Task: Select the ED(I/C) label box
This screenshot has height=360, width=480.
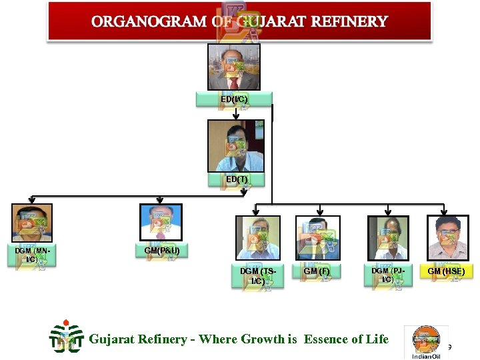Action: click(234, 99)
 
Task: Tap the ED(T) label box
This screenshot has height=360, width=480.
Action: click(236, 179)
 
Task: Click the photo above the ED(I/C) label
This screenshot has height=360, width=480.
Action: click(233, 67)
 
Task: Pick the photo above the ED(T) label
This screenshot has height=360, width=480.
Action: click(235, 146)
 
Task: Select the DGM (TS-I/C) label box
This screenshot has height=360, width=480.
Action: click(257, 276)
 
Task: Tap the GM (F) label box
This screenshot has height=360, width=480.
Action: click(317, 271)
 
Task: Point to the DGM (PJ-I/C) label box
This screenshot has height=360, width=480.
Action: click(387, 275)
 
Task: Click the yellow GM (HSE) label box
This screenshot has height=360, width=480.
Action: click(446, 271)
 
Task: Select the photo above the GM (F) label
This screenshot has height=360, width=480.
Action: click(318, 238)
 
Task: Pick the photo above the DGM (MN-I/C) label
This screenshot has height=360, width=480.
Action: click(32, 223)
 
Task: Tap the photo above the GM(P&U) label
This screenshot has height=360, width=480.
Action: click(160, 222)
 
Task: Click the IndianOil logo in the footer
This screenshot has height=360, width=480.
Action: click(426, 342)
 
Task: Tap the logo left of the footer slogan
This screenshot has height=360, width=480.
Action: click(67, 338)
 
